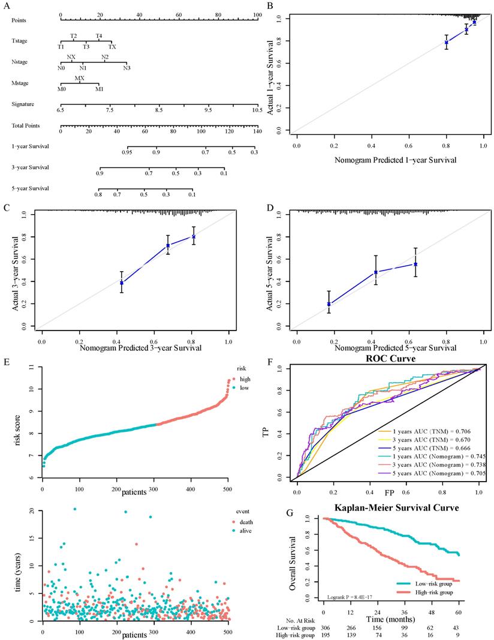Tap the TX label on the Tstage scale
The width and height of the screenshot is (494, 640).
(x=112, y=46)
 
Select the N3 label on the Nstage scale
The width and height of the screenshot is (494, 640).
(x=127, y=68)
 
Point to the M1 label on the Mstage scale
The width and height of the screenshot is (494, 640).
(x=99, y=89)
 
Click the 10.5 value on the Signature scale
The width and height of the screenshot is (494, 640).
(x=257, y=110)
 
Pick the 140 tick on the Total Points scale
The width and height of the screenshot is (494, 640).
(x=257, y=131)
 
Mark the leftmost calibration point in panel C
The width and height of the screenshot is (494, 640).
(x=122, y=283)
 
